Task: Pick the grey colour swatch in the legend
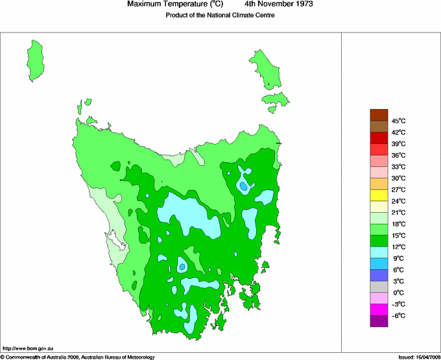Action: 379,286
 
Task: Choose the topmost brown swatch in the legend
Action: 379,115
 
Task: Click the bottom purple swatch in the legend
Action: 379,320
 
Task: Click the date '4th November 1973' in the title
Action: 280,5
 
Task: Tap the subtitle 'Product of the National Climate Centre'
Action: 220,16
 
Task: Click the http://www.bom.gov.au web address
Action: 29,349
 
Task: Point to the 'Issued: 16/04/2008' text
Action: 418,357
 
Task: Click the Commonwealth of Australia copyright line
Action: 77,357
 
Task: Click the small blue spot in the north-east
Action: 243,186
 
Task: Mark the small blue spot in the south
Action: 183,267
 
